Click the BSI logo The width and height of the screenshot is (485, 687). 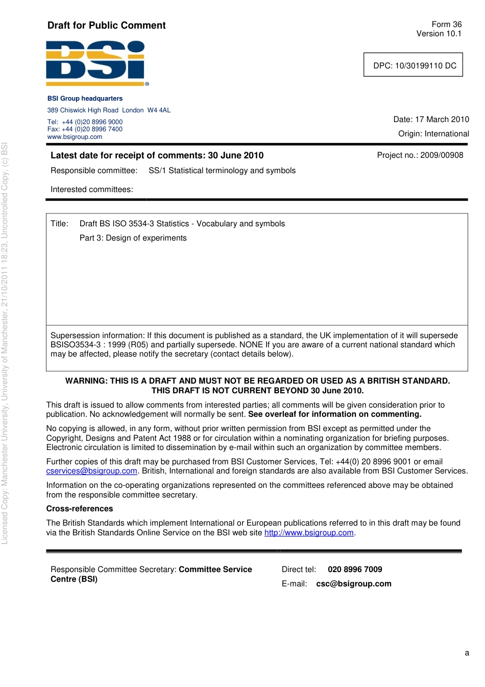click(96, 63)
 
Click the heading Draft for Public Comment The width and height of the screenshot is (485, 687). click(106, 26)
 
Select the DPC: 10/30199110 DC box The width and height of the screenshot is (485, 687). click(413, 65)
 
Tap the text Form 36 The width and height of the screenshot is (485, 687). click(446, 25)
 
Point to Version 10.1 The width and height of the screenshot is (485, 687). click(439, 34)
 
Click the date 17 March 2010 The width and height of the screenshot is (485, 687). click(442, 120)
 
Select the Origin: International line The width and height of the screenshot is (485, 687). click(433, 134)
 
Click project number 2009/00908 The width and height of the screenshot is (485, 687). click(442, 155)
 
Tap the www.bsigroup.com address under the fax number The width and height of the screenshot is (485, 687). click(75, 137)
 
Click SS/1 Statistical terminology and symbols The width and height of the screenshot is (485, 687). click(222, 171)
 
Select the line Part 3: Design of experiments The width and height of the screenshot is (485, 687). click(133, 238)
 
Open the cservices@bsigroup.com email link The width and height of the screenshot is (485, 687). click(91, 471)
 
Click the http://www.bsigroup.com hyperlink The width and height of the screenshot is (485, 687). click(308, 533)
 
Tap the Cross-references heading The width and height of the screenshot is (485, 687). click(80, 509)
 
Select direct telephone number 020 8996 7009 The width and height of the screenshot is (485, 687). click(354, 570)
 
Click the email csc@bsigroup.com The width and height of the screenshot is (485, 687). click(353, 584)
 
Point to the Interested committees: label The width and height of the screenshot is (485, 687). click(91, 189)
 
